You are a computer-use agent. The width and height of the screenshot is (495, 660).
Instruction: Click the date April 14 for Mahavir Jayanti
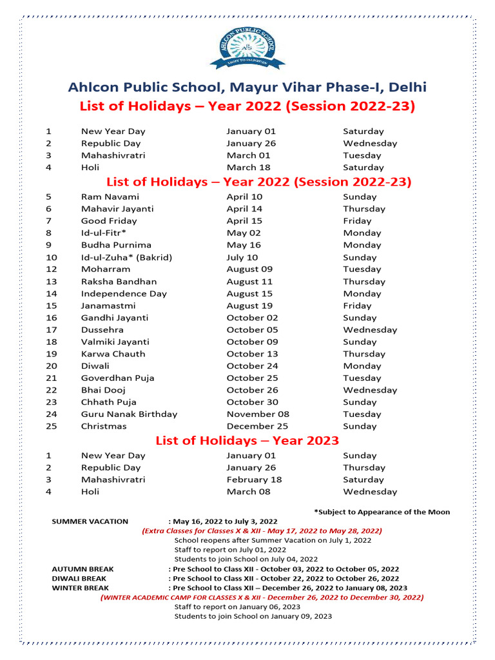244,209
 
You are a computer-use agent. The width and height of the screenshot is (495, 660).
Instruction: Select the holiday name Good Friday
109,221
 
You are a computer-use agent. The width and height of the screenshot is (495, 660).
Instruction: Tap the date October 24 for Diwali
252,366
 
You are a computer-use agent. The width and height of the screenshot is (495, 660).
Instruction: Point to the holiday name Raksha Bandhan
119,282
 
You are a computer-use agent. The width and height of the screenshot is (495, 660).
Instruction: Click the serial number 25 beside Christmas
52,427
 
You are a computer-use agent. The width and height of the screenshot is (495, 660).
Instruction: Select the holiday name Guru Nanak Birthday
129,414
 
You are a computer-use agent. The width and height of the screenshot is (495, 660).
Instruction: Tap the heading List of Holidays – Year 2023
247,441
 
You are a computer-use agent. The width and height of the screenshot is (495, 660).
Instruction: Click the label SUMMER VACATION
90,521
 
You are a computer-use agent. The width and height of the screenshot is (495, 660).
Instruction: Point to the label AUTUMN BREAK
82,569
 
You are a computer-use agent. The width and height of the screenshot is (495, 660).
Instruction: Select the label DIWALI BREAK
79,579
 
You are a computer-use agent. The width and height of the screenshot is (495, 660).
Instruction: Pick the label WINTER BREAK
80,588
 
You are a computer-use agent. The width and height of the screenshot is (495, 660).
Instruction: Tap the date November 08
258,414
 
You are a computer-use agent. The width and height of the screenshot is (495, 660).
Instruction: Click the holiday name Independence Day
124,294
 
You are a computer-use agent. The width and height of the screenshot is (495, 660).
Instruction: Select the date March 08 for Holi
248,492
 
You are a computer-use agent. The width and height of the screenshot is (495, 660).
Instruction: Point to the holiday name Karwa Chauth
113,354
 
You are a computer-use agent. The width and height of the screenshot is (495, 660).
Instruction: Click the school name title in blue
247,88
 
